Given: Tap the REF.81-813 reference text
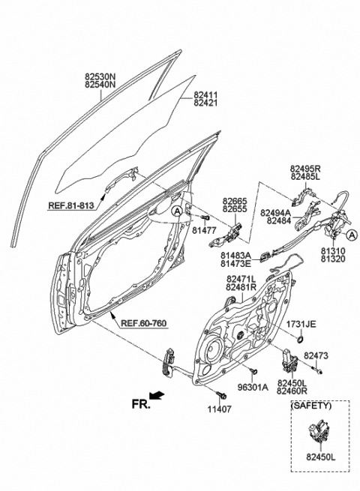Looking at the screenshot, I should pos(71,204).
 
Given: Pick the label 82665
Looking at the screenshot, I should pos(235,201).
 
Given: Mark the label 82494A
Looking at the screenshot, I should pos(277,213).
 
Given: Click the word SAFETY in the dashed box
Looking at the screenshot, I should pos(310,405).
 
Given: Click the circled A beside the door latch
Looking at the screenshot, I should pos(352,235).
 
